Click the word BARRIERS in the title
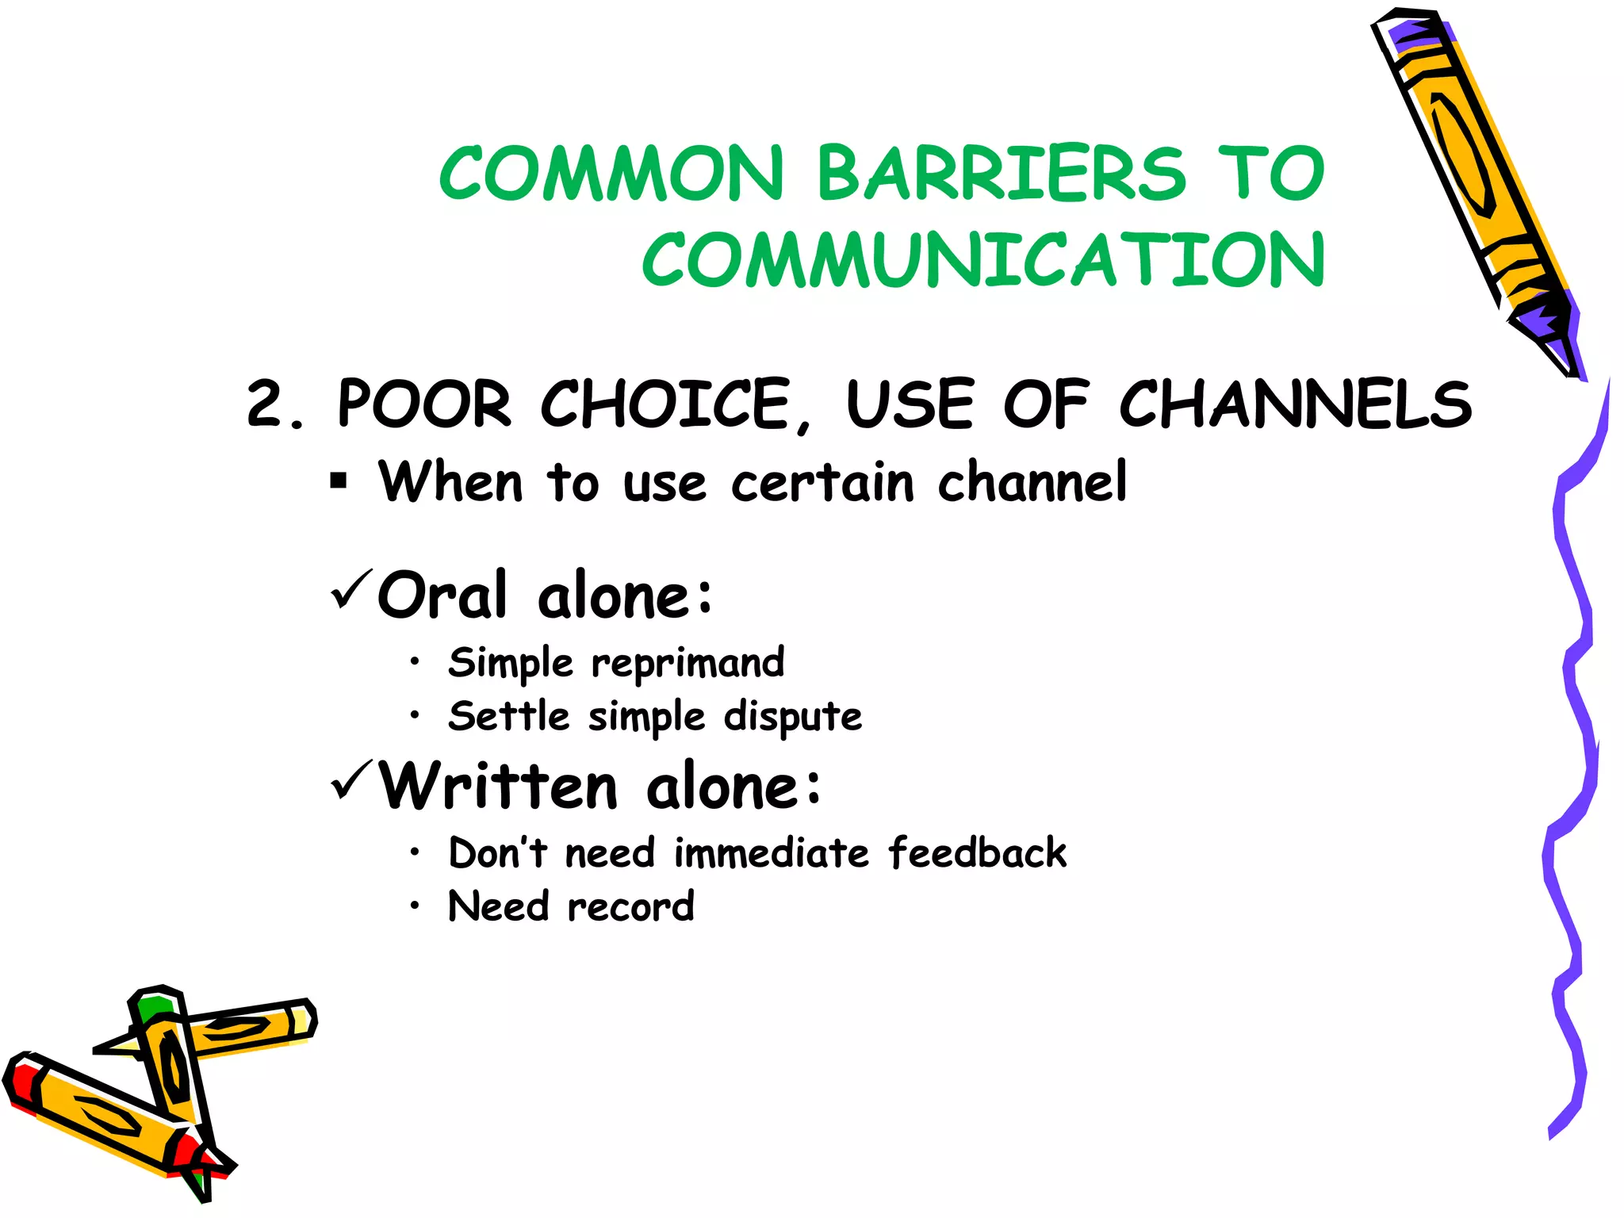tap(1001, 173)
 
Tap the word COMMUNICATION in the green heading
tap(983, 260)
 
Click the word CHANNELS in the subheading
tap(1295, 404)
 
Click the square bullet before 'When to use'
tap(339, 481)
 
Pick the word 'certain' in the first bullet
tap(822, 483)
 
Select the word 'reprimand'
tap(688, 663)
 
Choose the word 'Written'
tap(498, 787)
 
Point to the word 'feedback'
tap(977, 853)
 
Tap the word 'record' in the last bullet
tap(631, 907)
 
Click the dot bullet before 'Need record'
tap(414, 905)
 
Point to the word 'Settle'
tap(508, 717)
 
